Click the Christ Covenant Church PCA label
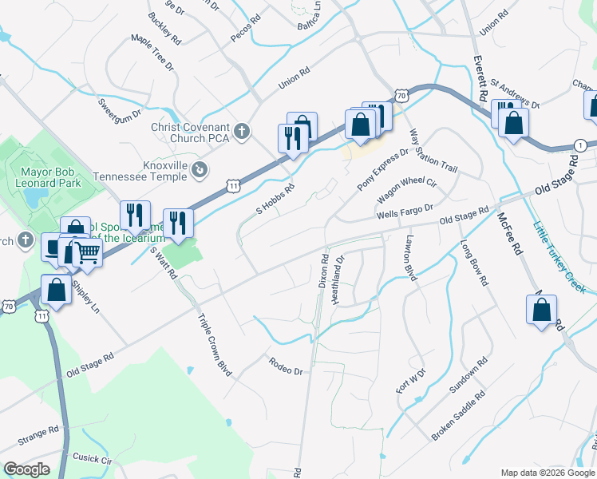click(x=190, y=133)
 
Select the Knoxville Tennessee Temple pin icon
click(x=200, y=168)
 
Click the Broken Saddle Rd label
click(x=459, y=416)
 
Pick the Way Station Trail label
click(x=433, y=152)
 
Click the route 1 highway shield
click(x=580, y=144)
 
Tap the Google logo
click(x=26, y=469)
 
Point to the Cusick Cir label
click(x=92, y=460)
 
